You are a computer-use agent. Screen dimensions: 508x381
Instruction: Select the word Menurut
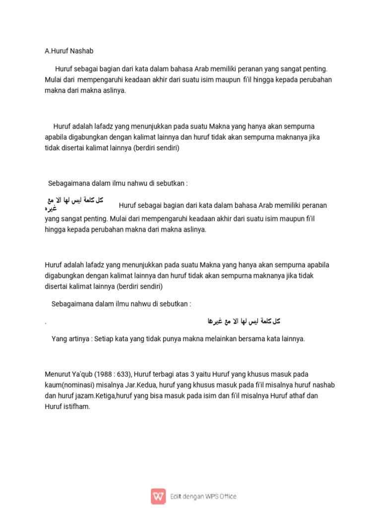58,374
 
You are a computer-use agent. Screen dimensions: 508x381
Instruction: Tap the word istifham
77,407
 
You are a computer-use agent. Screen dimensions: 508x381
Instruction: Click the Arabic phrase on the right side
244,321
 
